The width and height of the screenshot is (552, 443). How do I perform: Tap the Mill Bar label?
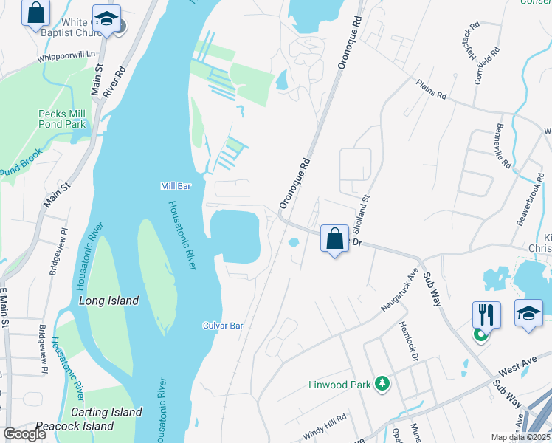click(176, 187)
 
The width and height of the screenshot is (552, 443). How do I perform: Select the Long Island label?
click(108, 301)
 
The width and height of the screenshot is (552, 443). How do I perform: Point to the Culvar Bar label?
click(223, 326)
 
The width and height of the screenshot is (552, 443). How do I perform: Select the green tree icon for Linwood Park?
click(382, 383)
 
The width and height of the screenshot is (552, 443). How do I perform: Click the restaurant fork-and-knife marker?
click(487, 315)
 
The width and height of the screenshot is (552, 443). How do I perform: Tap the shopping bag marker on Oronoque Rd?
click(334, 238)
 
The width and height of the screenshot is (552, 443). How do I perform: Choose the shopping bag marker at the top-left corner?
click(35, 13)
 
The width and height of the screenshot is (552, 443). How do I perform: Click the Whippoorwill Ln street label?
click(66, 55)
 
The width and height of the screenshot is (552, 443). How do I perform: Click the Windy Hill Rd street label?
click(324, 427)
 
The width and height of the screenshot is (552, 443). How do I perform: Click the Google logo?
click(24, 434)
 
